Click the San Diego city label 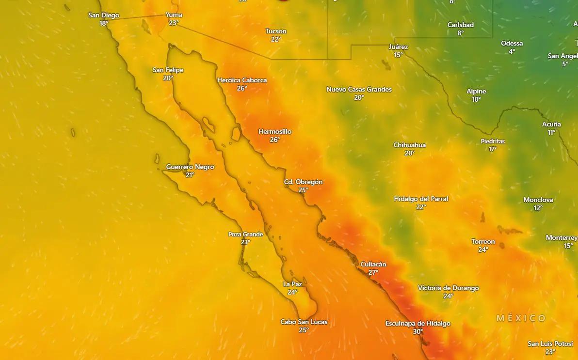[x=104, y=16]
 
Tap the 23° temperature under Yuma [x=174, y=23]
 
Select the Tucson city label [x=276, y=31]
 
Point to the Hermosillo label [x=275, y=131]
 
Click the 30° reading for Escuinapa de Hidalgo [x=417, y=332]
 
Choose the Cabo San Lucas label [x=304, y=322]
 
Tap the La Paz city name [x=292, y=284]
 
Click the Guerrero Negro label [x=190, y=167]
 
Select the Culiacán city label [x=373, y=264]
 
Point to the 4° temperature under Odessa [x=512, y=51]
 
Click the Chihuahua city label [x=410, y=145]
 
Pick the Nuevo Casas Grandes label [x=359, y=89]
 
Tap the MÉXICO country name [x=521, y=318]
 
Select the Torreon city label [x=483, y=241]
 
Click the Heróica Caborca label [x=242, y=80]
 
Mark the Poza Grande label [x=245, y=234]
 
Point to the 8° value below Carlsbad [x=461, y=33]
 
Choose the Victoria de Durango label [x=448, y=288]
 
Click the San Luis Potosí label [x=550, y=344]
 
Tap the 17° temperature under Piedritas [x=493, y=149]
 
